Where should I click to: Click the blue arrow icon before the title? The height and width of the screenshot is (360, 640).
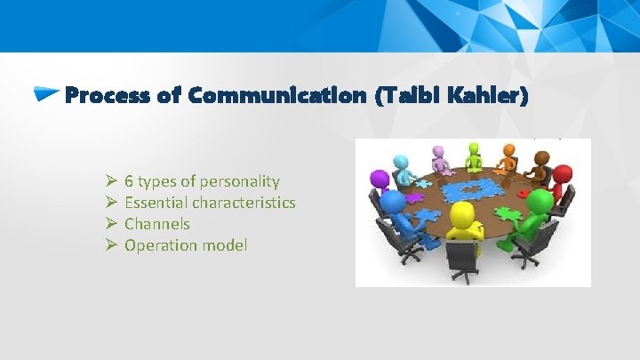[x=47, y=92]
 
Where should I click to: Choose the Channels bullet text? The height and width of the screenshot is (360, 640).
[x=156, y=224]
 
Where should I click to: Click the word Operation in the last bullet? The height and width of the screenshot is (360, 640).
[x=158, y=245]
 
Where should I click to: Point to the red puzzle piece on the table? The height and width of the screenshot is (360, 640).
[x=523, y=194]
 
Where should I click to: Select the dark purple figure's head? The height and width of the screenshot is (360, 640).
[x=380, y=178]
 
